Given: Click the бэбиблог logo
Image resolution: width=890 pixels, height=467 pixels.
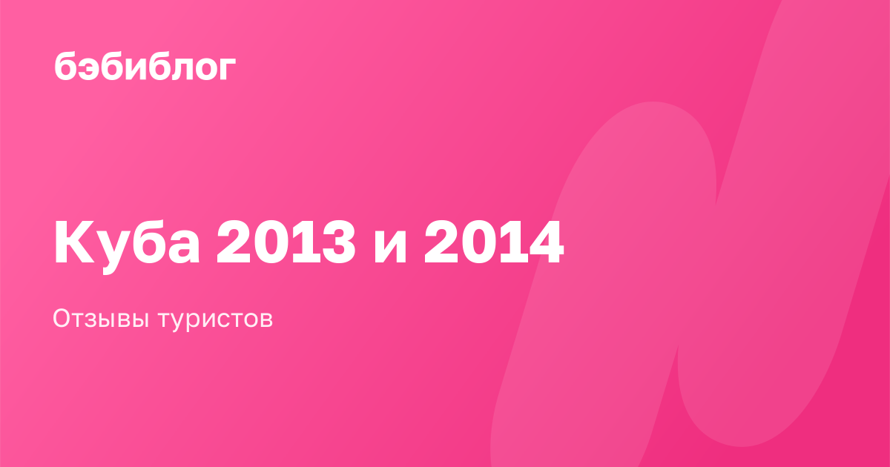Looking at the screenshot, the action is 145,66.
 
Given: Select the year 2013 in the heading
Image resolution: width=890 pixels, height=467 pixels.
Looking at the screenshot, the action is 286,242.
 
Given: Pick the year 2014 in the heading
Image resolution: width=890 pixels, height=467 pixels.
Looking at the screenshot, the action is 494,242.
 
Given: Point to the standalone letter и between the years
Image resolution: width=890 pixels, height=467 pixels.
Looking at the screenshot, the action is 390,248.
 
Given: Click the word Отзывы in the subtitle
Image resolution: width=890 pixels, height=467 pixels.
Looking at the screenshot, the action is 101,319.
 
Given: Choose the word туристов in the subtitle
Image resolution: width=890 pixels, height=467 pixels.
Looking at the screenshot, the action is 216,320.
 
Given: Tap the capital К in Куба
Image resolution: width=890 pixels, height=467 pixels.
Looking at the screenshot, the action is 74,242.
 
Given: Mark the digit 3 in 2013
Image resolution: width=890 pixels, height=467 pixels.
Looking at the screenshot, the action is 339,242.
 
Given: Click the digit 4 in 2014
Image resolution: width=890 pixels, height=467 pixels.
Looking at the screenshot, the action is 546,242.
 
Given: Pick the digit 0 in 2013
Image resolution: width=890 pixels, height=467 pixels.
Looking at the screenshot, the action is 269,242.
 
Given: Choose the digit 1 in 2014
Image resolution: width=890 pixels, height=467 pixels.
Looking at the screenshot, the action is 510,242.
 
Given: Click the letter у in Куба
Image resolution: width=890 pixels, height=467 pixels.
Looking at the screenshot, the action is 113,253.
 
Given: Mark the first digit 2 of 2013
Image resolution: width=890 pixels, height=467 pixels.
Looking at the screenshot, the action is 233,242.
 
